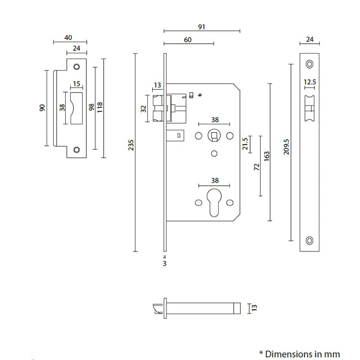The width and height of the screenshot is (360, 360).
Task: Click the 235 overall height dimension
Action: click(131, 145)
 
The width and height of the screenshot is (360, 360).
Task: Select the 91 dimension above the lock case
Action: click(202, 27)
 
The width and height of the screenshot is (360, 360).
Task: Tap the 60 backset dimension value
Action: click(188, 40)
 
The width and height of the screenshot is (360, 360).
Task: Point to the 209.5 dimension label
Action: click(287, 146)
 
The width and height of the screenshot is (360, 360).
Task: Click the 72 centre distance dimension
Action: click(256, 166)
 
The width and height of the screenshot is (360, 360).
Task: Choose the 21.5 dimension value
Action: click(245, 144)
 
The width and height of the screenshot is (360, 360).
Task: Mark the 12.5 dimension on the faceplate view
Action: click(310, 82)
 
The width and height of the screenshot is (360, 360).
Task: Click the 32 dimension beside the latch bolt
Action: click(143, 109)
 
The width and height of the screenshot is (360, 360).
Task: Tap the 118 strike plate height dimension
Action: click(100, 106)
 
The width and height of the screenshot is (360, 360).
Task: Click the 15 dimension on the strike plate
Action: click(77, 84)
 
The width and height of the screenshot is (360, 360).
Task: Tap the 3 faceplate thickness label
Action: click(165, 264)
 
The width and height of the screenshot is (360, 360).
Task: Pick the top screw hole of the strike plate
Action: click(76, 66)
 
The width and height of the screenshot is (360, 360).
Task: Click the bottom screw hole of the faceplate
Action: click(310, 240)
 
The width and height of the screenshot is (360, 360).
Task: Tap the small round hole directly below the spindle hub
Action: click(214, 154)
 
